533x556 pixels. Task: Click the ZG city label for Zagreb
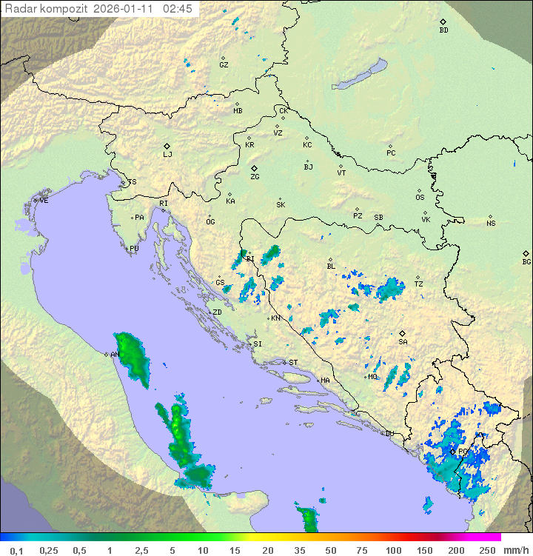[255, 177]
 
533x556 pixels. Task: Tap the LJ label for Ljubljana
[167, 154]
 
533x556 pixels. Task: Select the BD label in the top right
[443, 30]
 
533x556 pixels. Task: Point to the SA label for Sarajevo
[403, 341]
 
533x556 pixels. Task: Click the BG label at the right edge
[526, 261]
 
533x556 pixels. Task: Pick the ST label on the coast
[293, 362]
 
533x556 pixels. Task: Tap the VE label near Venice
[44, 200]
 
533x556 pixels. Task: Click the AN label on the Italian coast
[115, 355]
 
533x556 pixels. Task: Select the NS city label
[491, 224]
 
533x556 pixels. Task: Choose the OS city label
[420, 198]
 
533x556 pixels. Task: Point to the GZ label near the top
[224, 64]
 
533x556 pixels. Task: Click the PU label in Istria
[134, 249]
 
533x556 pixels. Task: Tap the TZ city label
[418, 284]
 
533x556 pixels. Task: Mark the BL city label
[331, 266]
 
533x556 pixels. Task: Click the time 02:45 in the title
[178, 9]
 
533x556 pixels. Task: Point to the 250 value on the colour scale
[487, 550]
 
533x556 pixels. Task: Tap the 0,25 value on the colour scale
[49, 550]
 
